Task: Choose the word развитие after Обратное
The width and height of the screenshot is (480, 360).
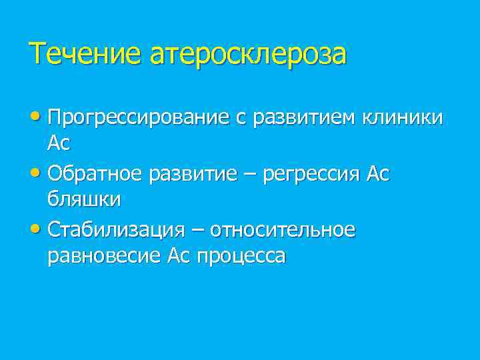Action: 193,174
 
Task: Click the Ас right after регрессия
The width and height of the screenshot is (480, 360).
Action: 378,174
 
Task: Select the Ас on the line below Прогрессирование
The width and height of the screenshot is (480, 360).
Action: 59,143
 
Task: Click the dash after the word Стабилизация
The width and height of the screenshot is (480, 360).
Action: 197,231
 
